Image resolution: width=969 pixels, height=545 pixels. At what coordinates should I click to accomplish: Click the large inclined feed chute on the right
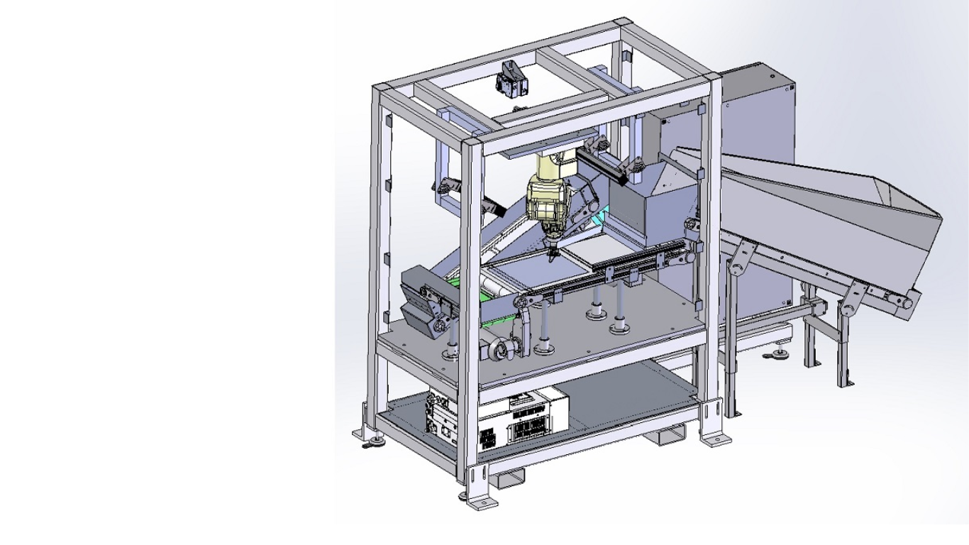pos(816,206)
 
